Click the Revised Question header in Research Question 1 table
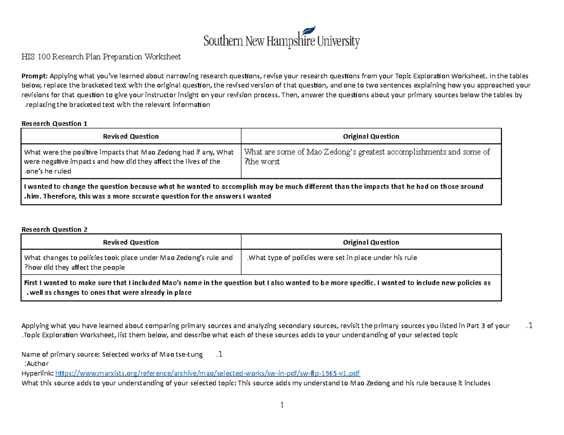click(131, 137)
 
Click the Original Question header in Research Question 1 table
click(371, 137)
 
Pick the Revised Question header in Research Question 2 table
click(131, 242)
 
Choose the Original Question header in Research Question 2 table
click(371, 242)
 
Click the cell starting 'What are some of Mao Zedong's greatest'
click(368, 156)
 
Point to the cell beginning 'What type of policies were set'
click(332, 258)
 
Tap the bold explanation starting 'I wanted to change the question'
click(254, 191)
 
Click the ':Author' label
click(36, 364)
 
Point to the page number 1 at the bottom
click(282, 405)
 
